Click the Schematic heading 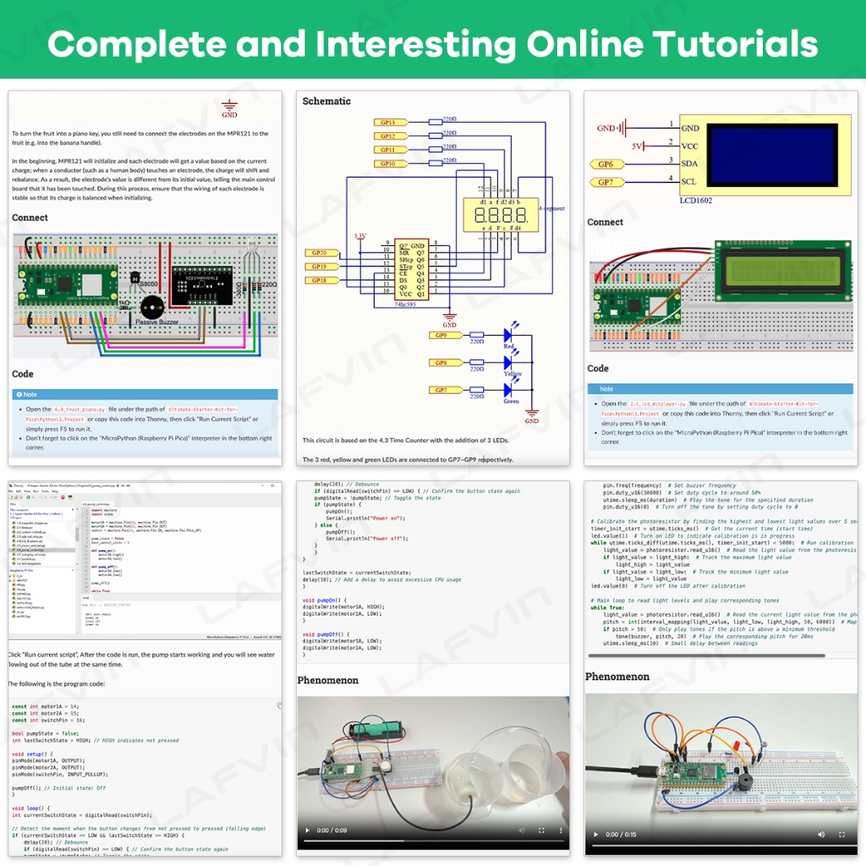(326, 101)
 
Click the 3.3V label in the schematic (360, 236)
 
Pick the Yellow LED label (512, 374)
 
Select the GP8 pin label (439, 362)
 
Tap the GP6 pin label (606, 165)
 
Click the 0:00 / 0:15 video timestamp (624, 835)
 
